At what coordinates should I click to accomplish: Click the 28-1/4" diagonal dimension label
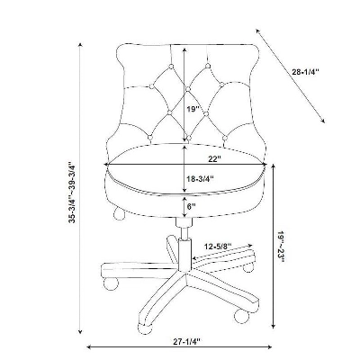coord(306,72)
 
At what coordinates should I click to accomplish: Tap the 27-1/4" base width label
coord(186,341)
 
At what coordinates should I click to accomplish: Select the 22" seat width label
coord(215,159)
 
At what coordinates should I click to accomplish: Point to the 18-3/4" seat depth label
coord(200,178)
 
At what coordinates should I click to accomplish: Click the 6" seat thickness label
coord(191,206)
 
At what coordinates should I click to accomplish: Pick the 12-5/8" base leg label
coord(218,247)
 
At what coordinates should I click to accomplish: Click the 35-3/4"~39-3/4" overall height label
coord(72,193)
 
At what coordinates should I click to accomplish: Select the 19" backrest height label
coord(193,109)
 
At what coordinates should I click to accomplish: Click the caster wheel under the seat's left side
coord(118,213)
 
